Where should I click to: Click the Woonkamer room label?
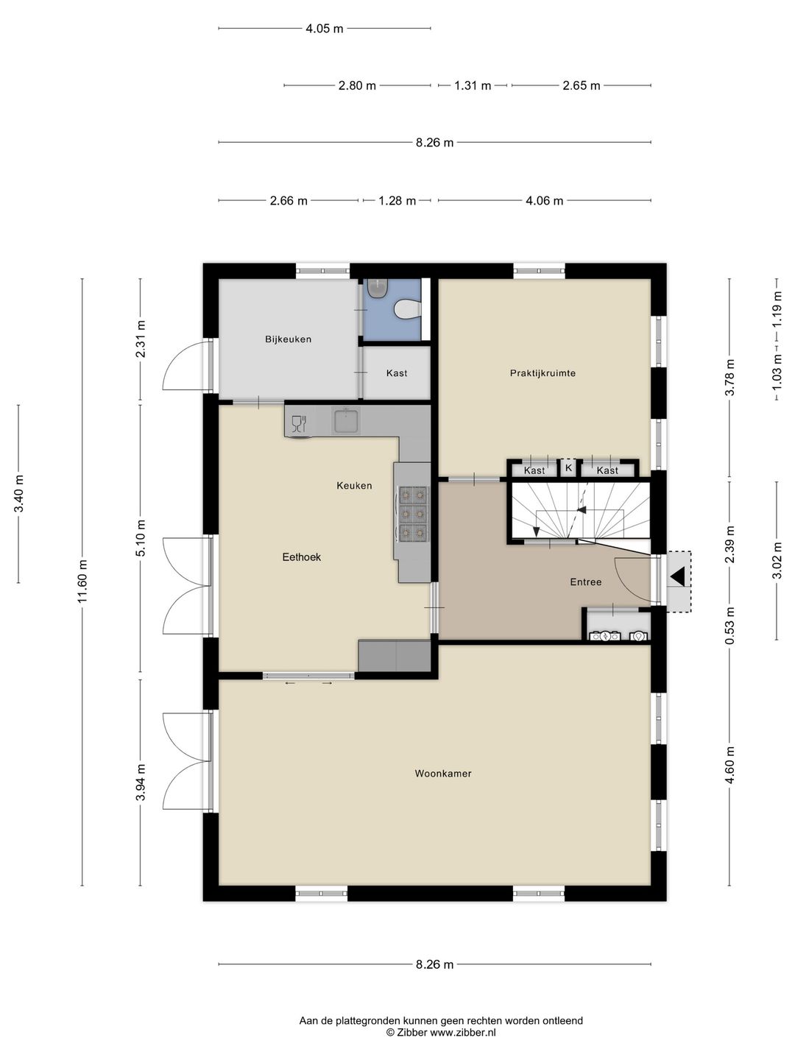(x=442, y=773)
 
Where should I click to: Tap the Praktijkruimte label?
(x=543, y=372)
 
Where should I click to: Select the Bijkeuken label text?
(x=288, y=339)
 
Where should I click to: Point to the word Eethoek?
(x=302, y=556)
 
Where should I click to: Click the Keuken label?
(x=354, y=485)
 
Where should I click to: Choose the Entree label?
(x=586, y=582)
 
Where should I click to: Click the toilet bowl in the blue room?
(x=407, y=309)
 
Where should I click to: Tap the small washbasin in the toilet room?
(x=378, y=289)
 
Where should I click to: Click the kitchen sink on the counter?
(x=346, y=420)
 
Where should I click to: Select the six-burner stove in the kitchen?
(x=413, y=513)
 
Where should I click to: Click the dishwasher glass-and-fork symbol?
(x=299, y=423)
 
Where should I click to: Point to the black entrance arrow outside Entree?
(x=678, y=576)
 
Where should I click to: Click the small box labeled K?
(x=568, y=467)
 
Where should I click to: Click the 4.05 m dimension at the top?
(x=325, y=29)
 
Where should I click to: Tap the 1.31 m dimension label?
(x=473, y=85)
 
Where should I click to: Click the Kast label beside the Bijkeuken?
(x=397, y=372)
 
